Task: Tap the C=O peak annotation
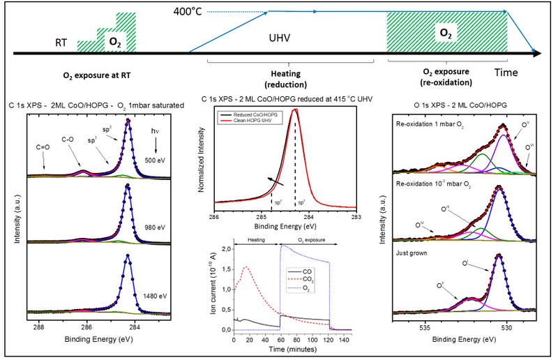coord(42,147)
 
